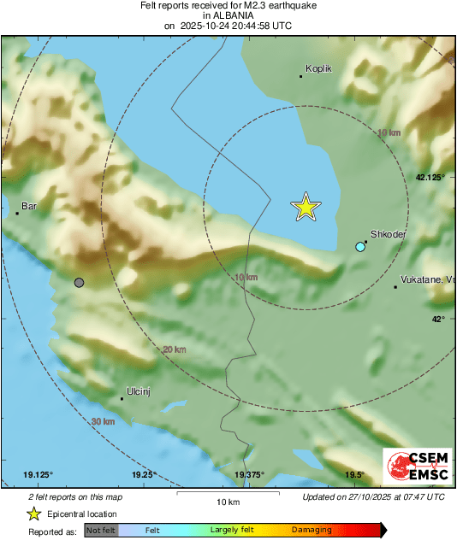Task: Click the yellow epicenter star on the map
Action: tap(306, 207)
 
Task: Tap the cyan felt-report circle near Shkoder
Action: tap(360, 247)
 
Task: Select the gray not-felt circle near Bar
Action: tap(80, 282)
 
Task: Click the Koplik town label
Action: tap(318, 68)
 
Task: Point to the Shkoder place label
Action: tap(388, 234)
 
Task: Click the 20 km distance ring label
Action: tap(174, 349)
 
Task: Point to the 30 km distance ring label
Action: tap(103, 421)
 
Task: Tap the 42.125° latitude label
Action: tap(430, 178)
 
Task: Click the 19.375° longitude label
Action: tap(250, 475)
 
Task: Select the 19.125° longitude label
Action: tap(39, 475)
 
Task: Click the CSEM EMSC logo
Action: tap(417, 467)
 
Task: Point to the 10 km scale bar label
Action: tap(227, 501)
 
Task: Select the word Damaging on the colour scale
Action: tap(312, 531)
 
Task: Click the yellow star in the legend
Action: tap(34, 514)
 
